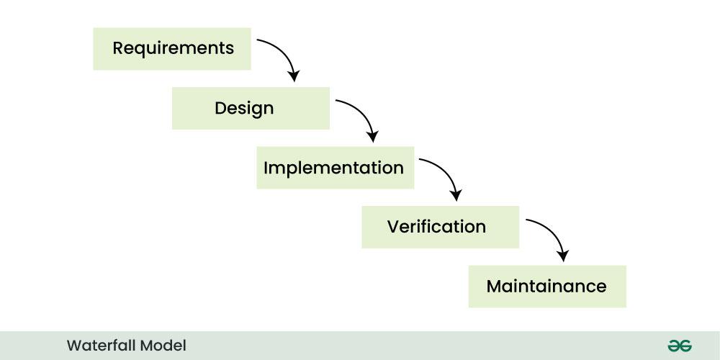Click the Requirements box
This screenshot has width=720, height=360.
point(172,49)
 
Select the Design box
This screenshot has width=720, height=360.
point(251,109)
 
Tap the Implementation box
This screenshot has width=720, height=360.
point(335,168)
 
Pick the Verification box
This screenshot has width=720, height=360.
point(440,227)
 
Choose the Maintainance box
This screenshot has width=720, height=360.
point(547,287)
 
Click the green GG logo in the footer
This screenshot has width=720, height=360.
point(679,346)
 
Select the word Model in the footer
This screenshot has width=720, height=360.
point(163,346)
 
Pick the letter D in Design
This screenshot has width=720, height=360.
point(220,109)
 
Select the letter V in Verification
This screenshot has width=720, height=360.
point(393,227)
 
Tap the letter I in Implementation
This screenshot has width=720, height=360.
point(266,168)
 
